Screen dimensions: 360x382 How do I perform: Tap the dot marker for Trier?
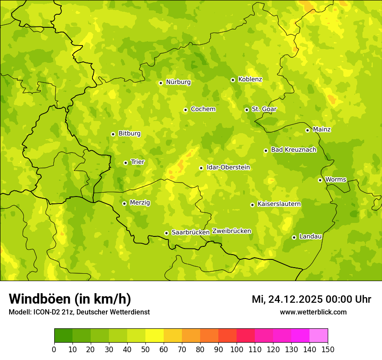[x=126, y=163]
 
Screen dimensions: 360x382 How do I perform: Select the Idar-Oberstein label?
[x=228, y=167]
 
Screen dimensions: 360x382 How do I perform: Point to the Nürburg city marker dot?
[x=161, y=83]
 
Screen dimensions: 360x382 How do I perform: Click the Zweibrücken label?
[x=232, y=231]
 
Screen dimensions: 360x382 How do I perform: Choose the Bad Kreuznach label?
[x=293, y=150]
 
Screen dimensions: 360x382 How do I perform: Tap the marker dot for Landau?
[x=294, y=237]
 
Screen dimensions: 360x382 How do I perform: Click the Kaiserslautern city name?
[x=279, y=204]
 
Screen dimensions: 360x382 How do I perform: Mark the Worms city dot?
[x=320, y=180]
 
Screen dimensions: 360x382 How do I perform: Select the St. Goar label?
[x=264, y=109]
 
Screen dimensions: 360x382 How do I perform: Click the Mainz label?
[x=322, y=129]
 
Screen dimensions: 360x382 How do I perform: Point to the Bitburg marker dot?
[x=113, y=134]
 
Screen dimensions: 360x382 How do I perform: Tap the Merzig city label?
[x=140, y=203]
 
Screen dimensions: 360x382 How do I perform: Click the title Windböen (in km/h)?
[x=70, y=299]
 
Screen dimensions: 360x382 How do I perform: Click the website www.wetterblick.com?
[x=313, y=312]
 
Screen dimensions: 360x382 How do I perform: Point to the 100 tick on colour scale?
[x=237, y=349]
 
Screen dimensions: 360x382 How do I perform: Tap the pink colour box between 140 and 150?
[x=319, y=336]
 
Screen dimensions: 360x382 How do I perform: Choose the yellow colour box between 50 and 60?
[x=155, y=336]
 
